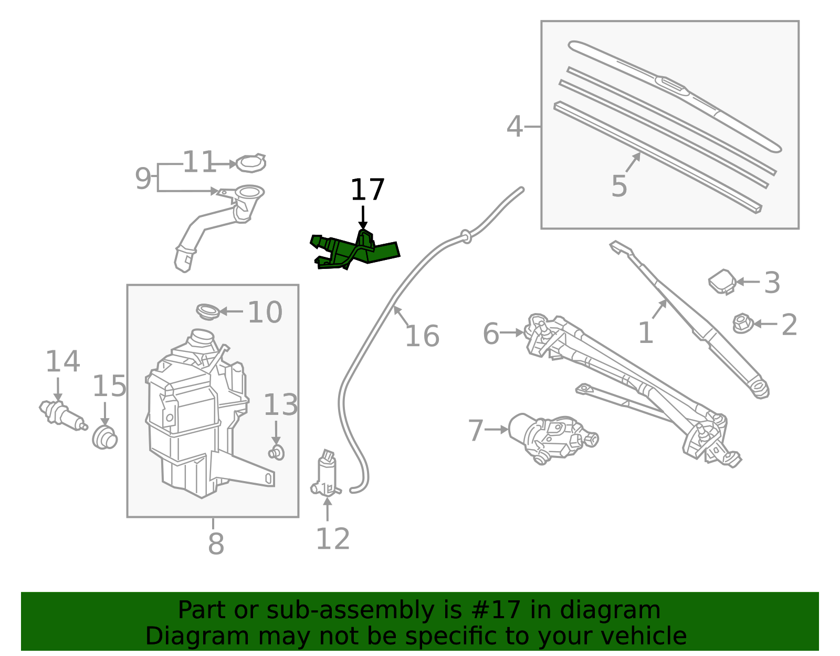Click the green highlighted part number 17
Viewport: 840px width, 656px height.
click(x=358, y=251)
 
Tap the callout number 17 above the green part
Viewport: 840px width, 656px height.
click(x=367, y=190)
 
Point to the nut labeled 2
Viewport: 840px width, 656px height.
click(x=742, y=324)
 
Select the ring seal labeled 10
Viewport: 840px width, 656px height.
click(x=208, y=311)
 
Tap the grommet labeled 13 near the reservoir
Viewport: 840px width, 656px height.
click(x=276, y=452)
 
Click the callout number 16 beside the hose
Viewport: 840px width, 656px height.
click(x=422, y=336)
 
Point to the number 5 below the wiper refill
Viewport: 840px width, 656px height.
click(x=619, y=186)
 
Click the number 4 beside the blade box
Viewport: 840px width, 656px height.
click(x=514, y=127)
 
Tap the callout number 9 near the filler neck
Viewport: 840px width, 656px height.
click(x=143, y=179)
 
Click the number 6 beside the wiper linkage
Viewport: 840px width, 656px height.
click(x=491, y=334)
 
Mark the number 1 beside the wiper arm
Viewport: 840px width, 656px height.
click(x=645, y=333)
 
